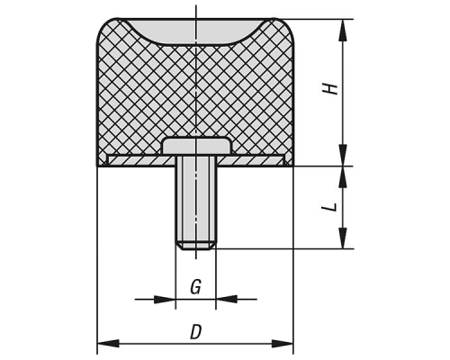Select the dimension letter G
[195, 287]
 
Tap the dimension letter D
[195, 332]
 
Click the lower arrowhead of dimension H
[343, 155]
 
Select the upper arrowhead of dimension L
[343, 176]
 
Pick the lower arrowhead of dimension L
[343, 238]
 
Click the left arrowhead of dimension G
[165, 299]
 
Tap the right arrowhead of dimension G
[227, 299]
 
